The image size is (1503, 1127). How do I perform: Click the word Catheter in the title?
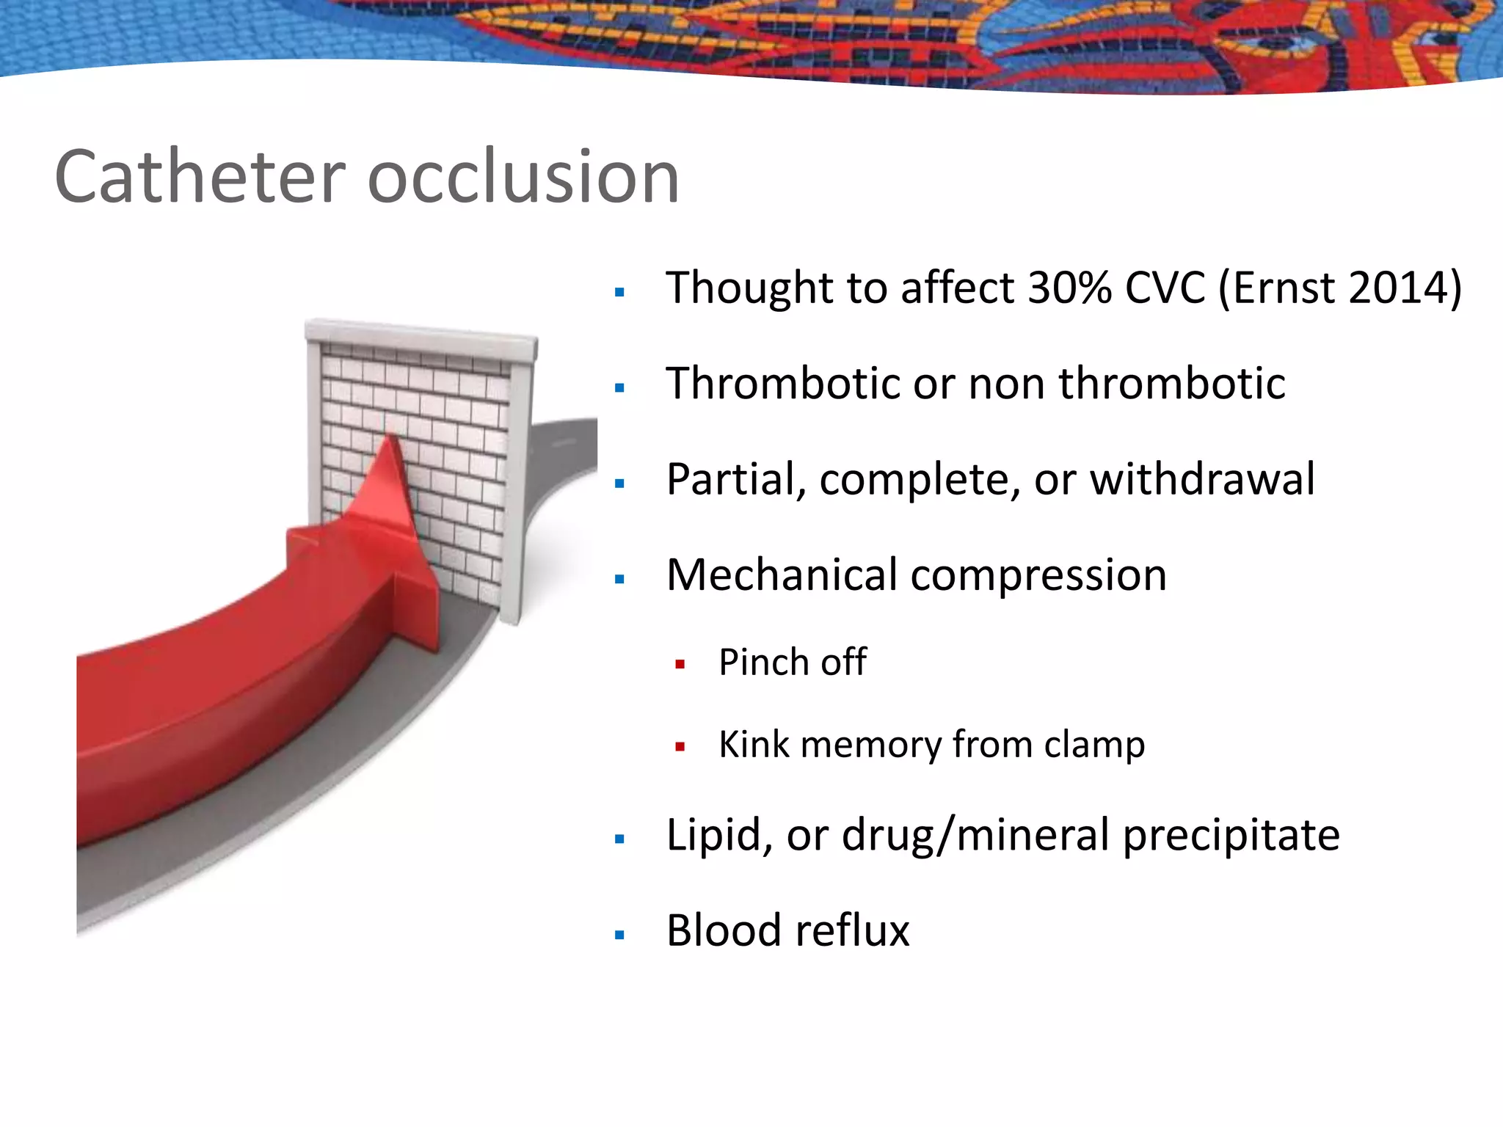tap(200, 178)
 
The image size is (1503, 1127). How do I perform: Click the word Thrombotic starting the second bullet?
tap(782, 383)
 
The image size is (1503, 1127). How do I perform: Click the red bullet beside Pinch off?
tap(680, 665)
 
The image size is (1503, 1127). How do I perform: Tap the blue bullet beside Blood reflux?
tap(619, 935)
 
